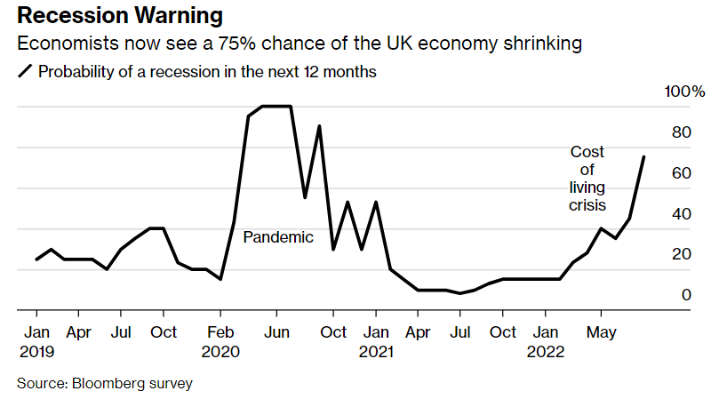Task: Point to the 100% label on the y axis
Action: click(x=684, y=92)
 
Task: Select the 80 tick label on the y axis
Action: click(x=681, y=133)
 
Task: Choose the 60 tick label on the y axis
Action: click(x=681, y=173)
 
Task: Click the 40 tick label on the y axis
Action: click(x=681, y=214)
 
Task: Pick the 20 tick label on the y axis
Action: click(x=681, y=255)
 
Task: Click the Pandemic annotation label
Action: click(x=278, y=237)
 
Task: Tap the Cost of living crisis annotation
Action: click(x=587, y=179)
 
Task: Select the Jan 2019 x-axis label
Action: click(x=36, y=341)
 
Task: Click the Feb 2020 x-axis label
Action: click(x=220, y=341)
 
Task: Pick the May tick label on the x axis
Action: click(x=601, y=332)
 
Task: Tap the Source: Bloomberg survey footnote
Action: click(x=105, y=384)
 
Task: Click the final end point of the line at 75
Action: click(x=643, y=157)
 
